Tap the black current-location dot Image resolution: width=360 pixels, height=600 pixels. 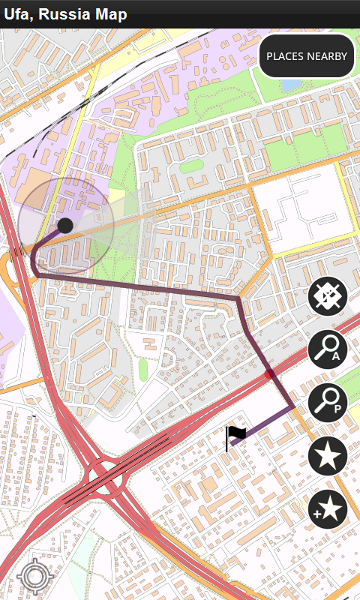point(65,225)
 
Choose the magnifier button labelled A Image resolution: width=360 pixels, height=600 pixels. point(328,349)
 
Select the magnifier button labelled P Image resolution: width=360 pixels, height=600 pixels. point(328,402)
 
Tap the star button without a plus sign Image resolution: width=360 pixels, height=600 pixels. point(328,456)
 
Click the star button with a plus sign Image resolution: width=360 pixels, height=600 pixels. point(328,510)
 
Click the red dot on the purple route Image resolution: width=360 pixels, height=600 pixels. point(270,373)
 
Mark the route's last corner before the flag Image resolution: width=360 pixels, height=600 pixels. point(292,407)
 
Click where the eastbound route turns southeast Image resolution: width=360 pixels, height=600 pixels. point(238,298)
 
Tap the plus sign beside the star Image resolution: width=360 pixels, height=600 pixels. point(317,514)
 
